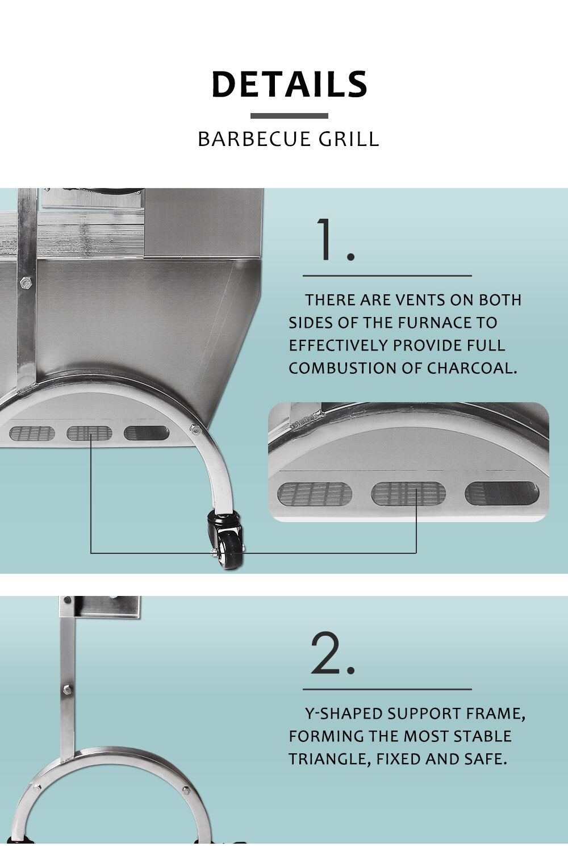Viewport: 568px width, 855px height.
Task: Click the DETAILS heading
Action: tap(289, 84)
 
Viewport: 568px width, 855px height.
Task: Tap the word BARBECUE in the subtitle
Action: tap(250, 139)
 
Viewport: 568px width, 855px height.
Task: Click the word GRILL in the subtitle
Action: tap(349, 139)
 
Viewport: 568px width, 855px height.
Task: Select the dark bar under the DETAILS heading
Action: tap(289, 116)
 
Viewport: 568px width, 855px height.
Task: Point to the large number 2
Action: tap(333, 653)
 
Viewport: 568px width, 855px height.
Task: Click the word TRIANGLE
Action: tap(330, 760)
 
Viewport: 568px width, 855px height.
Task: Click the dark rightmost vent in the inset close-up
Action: tap(502, 493)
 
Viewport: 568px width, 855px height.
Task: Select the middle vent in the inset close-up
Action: tap(408, 494)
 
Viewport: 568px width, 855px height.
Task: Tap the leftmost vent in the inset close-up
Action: tap(315, 494)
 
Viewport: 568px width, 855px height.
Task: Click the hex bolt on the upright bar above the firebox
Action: tap(25, 282)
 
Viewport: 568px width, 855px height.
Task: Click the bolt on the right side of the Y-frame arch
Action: tap(186, 790)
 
